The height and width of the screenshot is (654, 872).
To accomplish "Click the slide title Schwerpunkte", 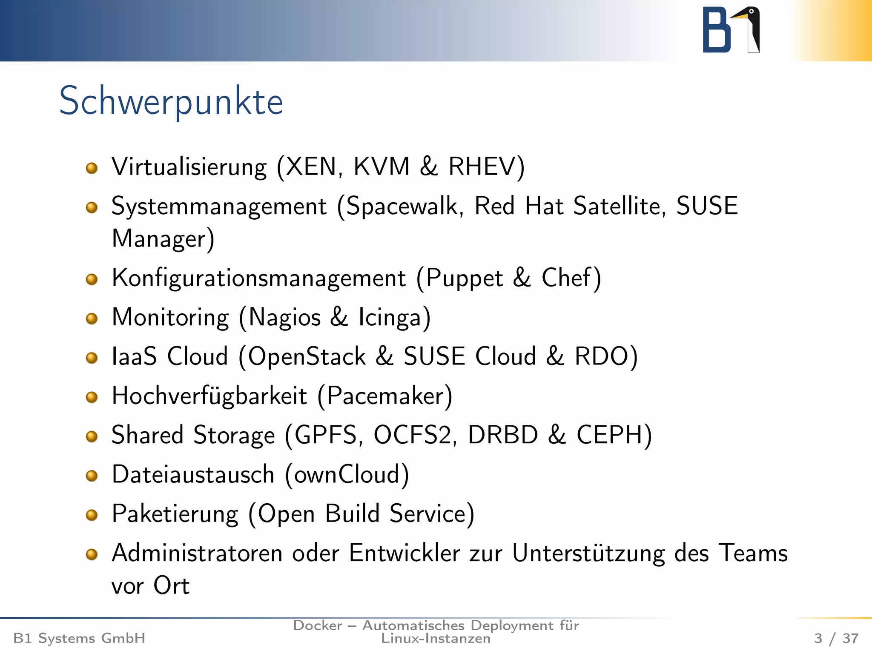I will tap(171, 101).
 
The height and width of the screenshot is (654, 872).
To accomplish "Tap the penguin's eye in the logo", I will tap(752, 12).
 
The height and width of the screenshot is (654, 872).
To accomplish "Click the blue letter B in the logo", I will tap(716, 31).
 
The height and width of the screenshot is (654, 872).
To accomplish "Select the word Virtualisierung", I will tap(189, 166).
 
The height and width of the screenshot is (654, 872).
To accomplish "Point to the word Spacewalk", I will tap(402, 206).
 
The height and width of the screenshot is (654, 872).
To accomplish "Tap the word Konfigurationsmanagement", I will tap(259, 278).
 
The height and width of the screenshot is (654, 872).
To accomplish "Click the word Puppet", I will tap(465, 279).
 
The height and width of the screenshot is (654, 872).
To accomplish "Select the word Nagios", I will tap(284, 318).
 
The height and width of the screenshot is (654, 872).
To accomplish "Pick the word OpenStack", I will tap(307, 356).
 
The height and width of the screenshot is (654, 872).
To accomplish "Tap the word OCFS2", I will tap(412, 435).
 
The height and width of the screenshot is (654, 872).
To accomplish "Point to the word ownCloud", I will tap(347, 474).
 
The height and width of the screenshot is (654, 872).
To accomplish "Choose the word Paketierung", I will tap(175, 514).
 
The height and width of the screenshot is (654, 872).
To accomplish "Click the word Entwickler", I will tap(404, 553).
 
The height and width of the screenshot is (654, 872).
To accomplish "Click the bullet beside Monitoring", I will tap(92, 318).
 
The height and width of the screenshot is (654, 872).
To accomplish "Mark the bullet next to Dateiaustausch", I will tap(92, 475).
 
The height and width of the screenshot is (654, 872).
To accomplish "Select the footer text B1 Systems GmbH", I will tap(79, 638).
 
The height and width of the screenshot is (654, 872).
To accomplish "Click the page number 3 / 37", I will tap(836, 638).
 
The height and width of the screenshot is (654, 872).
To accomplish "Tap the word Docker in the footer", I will tap(318, 625).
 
